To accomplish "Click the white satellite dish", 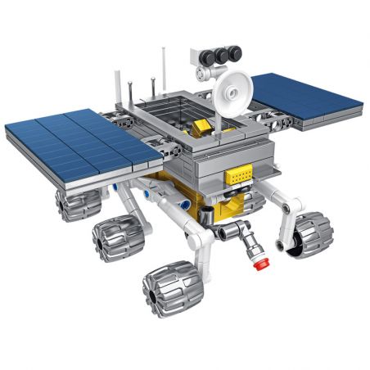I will [x=233, y=88].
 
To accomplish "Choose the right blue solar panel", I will [x=306, y=98].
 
